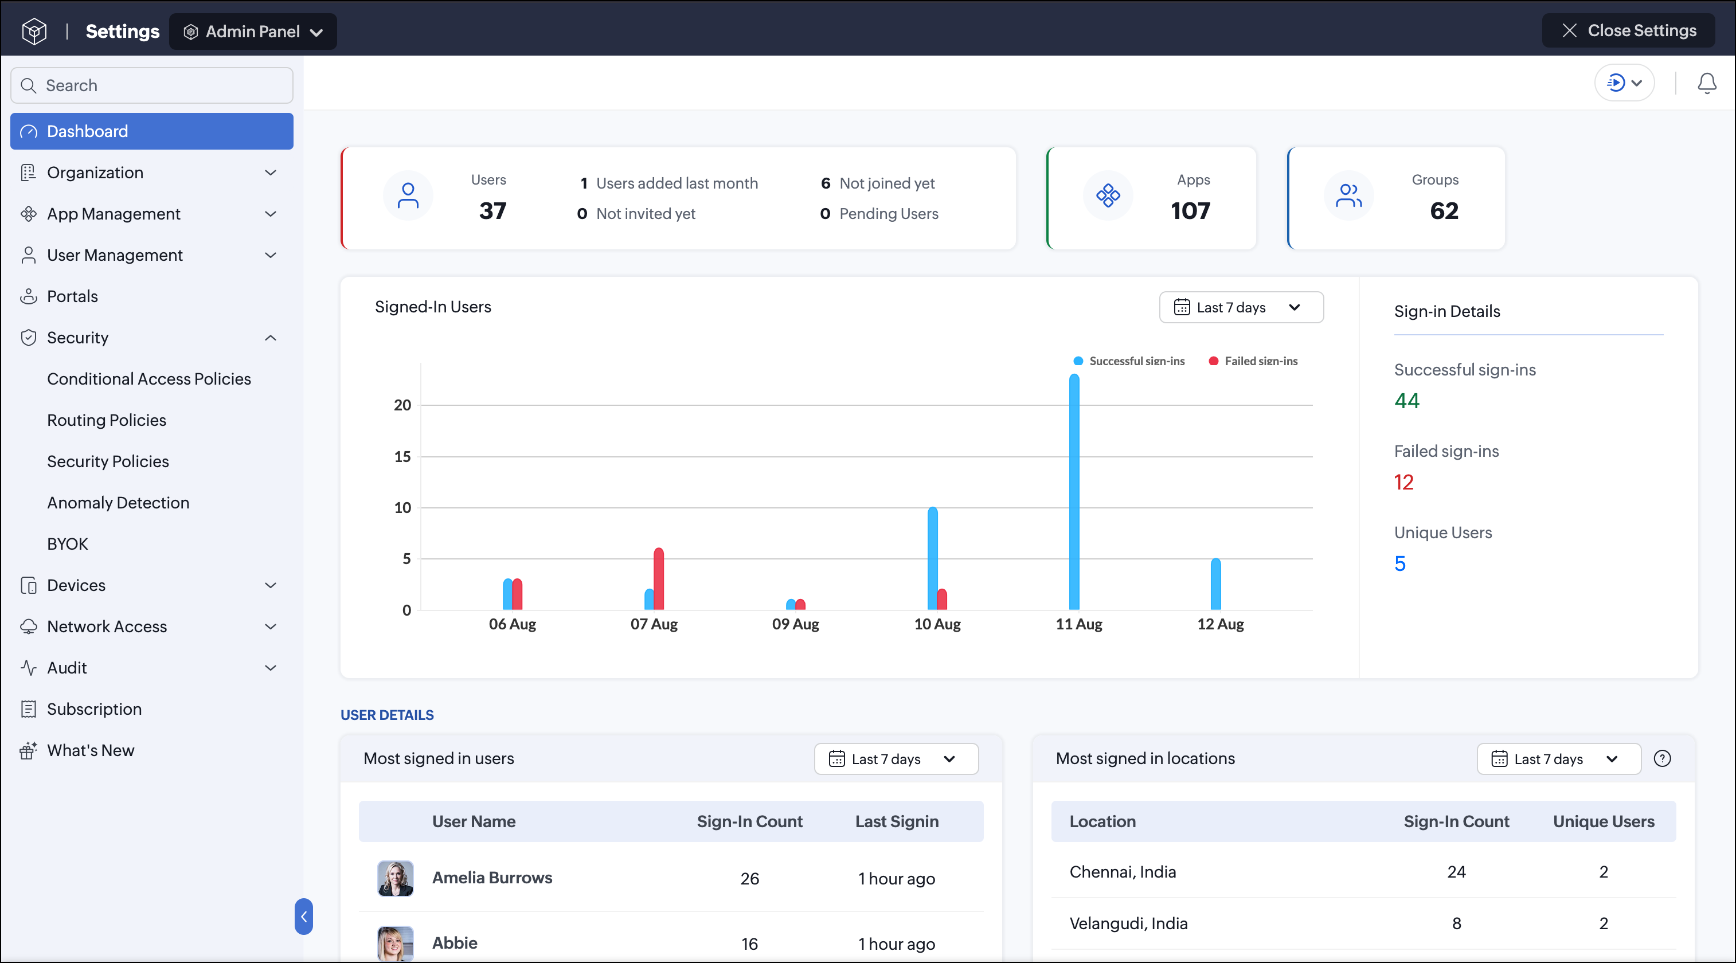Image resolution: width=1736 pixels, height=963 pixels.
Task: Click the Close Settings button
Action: [1628, 31]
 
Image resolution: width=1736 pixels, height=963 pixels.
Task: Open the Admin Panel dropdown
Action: [253, 32]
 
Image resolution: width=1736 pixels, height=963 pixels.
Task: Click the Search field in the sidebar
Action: [151, 85]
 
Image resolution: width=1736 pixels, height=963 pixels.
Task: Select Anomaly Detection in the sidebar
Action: [118, 503]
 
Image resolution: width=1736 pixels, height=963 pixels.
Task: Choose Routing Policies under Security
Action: [107, 420]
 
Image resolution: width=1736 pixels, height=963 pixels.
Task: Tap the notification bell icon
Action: [1706, 83]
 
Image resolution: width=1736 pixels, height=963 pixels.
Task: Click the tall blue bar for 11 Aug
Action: [1074, 492]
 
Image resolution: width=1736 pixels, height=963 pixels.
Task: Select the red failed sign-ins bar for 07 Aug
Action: [658, 579]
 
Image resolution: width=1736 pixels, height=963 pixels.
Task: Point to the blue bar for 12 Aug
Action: [1216, 584]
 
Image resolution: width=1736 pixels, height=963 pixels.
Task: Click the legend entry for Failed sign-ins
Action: [1253, 361]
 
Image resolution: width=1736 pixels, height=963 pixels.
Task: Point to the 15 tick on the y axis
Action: [402, 457]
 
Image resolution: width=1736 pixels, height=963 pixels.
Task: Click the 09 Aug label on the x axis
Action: [796, 625]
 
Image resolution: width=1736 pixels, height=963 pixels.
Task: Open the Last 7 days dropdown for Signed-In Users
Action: [1241, 307]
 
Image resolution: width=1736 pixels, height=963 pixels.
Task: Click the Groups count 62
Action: [1444, 212]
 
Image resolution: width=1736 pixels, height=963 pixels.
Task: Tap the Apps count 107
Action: [1190, 212]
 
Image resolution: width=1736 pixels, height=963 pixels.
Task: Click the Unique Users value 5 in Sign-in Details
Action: [1399, 563]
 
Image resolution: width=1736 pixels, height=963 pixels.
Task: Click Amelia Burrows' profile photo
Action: [396, 878]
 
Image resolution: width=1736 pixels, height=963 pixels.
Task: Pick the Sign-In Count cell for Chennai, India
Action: [1456, 872]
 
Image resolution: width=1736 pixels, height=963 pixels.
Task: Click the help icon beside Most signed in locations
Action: [1663, 759]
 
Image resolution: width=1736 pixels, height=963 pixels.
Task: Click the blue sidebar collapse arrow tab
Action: [304, 917]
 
